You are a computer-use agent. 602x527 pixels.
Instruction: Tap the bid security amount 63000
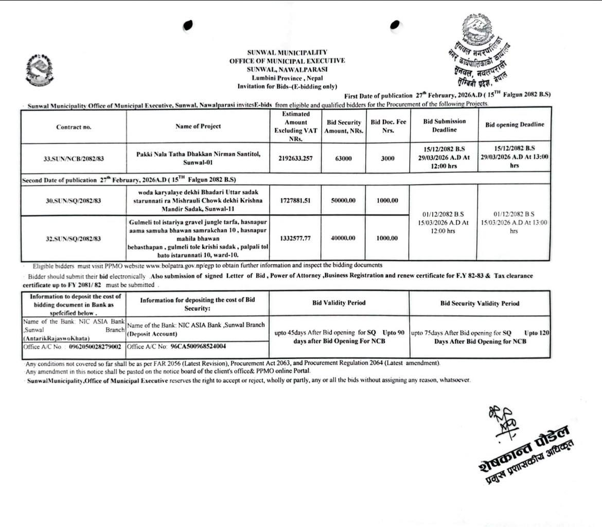click(x=343, y=159)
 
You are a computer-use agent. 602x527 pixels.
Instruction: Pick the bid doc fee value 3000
click(x=387, y=159)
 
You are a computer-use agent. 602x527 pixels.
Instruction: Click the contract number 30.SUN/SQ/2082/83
click(x=74, y=201)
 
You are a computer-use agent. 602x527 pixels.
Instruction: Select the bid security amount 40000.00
click(x=343, y=238)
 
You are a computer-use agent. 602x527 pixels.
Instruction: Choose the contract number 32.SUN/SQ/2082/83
click(x=74, y=239)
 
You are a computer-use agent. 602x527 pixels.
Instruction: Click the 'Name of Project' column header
click(x=198, y=126)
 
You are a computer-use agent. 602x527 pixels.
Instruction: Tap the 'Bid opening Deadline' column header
click(x=514, y=125)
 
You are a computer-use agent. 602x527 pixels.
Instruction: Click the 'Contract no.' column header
click(x=74, y=127)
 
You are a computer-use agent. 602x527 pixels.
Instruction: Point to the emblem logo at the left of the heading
click(x=38, y=70)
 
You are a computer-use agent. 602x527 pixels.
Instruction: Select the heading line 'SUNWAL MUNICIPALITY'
click(x=287, y=52)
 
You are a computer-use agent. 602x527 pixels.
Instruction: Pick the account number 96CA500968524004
click(x=198, y=347)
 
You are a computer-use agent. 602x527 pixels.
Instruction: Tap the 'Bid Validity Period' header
click(x=339, y=303)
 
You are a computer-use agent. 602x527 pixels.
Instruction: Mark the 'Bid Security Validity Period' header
click(x=480, y=303)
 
